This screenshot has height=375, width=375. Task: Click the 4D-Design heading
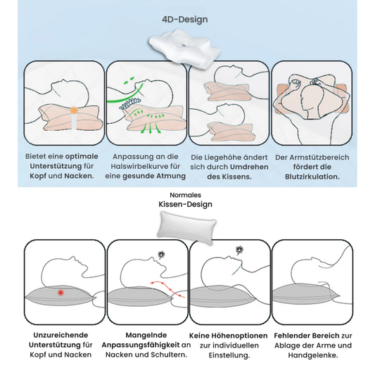[x=185, y=20]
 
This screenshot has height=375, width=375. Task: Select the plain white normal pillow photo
[x=186, y=227]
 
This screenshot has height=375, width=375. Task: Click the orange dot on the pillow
[x=74, y=110]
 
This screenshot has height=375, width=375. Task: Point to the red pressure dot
[x=61, y=293]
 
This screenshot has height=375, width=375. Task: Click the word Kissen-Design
[x=185, y=205]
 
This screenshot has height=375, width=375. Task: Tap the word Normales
[x=185, y=195]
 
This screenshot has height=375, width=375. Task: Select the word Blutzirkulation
[x=312, y=177]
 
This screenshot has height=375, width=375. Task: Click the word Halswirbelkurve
[x=140, y=166]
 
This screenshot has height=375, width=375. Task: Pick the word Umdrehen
[x=249, y=167]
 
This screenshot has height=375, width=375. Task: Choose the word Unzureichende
[x=61, y=335]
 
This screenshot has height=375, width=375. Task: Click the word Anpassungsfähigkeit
[x=141, y=345]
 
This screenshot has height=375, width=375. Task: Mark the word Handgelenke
[x=313, y=355]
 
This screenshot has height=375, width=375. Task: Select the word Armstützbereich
[x=319, y=158]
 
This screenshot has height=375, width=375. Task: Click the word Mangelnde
[x=146, y=335]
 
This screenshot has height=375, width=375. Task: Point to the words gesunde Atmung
[x=154, y=177]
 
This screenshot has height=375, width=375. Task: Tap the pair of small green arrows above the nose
[x=129, y=81]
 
